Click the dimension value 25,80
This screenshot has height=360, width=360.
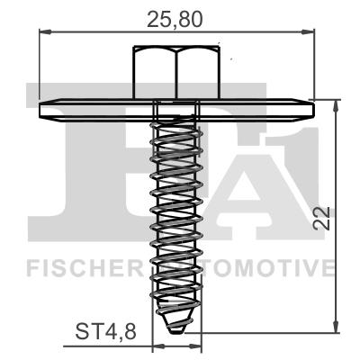tap(177, 16)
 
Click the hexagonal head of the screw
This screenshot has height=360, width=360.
tap(177, 73)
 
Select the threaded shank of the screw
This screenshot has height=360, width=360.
tap(175, 216)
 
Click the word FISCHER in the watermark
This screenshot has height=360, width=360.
tap(80, 267)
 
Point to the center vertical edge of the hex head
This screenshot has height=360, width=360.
tap(177, 73)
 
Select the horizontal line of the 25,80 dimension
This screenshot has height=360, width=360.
tap(108, 33)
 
